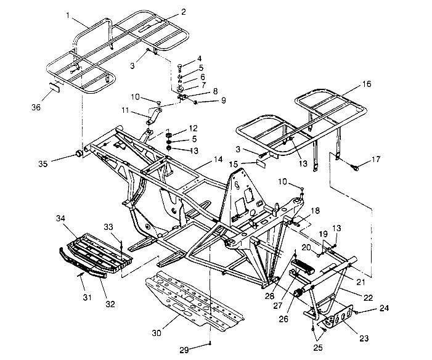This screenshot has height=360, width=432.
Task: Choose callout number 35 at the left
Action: pos(42,165)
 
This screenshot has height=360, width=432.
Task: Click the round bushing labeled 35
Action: pos(79,152)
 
